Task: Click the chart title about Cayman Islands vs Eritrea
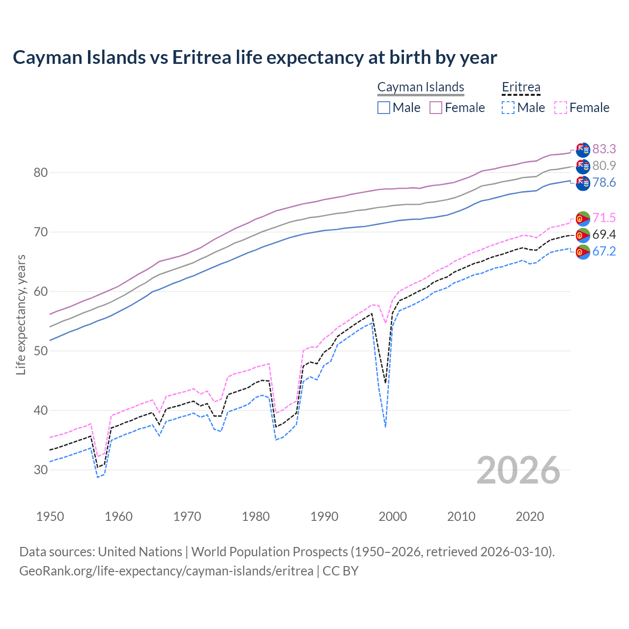point(255,57)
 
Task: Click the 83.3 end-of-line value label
point(604,149)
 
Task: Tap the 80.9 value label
point(604,166)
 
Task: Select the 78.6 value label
point(604,183)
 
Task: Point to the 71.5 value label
point(604,218)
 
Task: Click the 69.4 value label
point(604,234)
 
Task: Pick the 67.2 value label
point(604,252)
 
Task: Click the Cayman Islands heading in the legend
point(421,87)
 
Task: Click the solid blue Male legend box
point(384,108)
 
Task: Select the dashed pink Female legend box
point(561,108)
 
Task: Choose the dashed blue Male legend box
point(508,108)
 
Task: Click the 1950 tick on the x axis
point(50,516)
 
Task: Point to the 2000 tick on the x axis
point(393,516)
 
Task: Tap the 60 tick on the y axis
point(41,291)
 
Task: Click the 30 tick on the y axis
point(41,470)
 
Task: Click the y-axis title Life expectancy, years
point(21,314)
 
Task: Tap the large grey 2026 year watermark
point(518,470)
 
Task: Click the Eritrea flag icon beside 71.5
point(582,219)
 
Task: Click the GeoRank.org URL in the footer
point(166,571)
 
